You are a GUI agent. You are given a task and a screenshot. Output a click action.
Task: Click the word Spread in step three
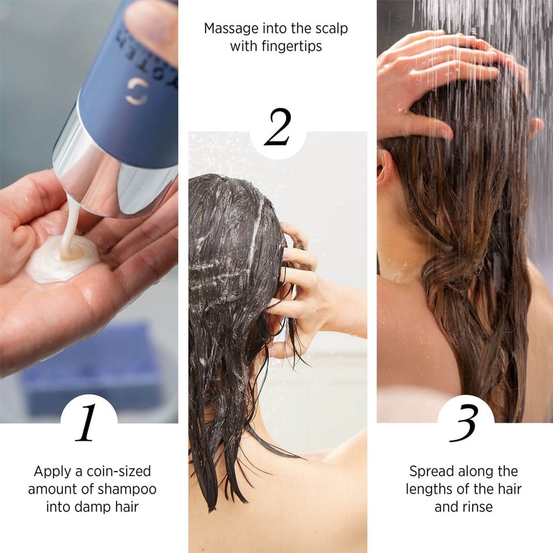[429, 472]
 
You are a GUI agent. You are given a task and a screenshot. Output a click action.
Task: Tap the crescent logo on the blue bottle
[137, 91]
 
